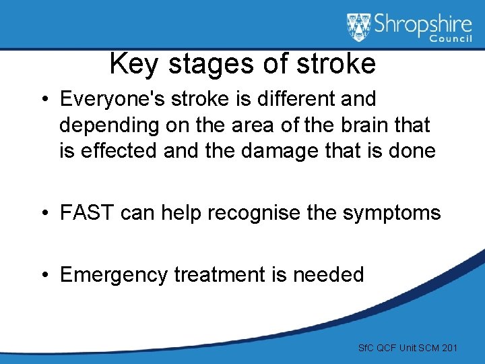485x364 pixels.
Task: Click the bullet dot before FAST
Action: pos(44,214)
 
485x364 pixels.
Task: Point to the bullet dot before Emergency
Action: pos(44,275)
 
